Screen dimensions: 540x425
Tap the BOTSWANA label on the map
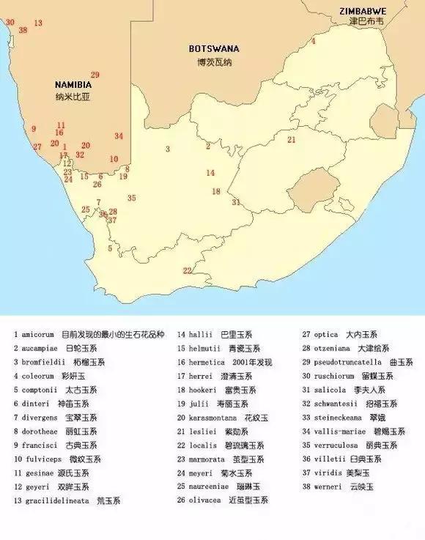click(x=213, y=49)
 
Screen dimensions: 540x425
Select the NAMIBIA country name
click(x=73, y=84)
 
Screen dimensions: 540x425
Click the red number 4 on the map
click(x=314, y=42)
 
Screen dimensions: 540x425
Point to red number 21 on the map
click(x=291, y=139)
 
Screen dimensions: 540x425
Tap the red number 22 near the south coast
click(x=187, y=270)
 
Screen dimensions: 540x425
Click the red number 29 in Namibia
click(x=95, y=75)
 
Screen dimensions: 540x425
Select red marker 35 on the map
click(x=131, y=198)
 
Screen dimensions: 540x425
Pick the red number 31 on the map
click(x=235, y=201)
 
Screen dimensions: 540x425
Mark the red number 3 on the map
click(x=168, y=149)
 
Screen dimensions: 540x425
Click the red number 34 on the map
click(x=119, y=136)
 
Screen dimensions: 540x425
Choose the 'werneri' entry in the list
click(x=328, y=487)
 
